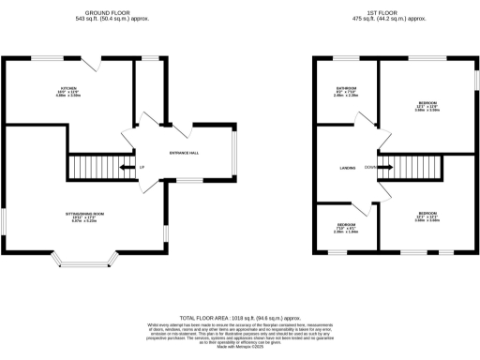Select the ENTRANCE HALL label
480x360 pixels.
pyautogui.click(x=184, y=153)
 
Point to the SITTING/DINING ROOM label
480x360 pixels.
pyautogui.click(x=83, y=216)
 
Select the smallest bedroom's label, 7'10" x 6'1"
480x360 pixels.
pyautogui.click(x=346, y=228)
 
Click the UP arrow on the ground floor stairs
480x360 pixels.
pyautogui.click(x=141, y=168)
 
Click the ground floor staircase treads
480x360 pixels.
pyautogui.click(x=112, y=168)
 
